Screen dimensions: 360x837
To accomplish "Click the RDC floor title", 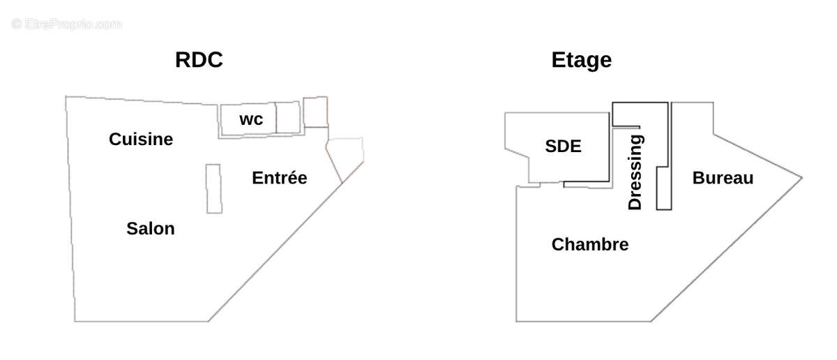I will click(199, 60).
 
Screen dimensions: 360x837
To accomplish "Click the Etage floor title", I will click(581, 60).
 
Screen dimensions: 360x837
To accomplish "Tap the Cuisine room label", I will click(141, 140).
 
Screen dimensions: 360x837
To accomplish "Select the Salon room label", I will click(151, 228).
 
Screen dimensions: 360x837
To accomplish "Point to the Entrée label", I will click(279, 178).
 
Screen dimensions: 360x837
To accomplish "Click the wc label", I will click(251, 120).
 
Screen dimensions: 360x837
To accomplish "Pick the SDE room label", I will click(563, 147).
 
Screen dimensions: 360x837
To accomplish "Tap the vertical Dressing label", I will click(635, 172).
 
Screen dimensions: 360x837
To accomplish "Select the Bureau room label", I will click(723, 178).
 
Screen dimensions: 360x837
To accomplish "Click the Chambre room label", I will click(589, 245).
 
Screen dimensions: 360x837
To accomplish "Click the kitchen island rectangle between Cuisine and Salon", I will click(214, 188).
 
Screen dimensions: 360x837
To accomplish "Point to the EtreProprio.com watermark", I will click(67, 24).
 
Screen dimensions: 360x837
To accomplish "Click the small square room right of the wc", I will click(315, 112).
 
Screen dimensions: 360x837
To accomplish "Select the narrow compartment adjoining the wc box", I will click(287, 117).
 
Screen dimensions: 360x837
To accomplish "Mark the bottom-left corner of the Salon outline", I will click(75, 321).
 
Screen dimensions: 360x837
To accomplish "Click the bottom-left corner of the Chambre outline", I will click(516, 321).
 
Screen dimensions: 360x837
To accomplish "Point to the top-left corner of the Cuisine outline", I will click(66, 97).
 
